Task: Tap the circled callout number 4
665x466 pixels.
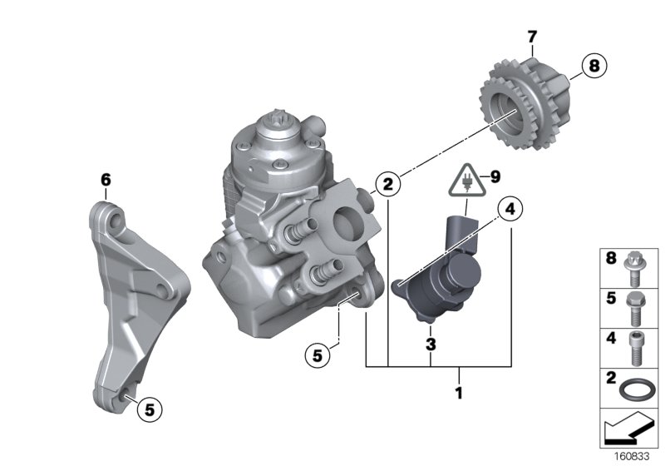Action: click(x=510, y=209)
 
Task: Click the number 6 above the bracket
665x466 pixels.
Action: click(x=106, y=179)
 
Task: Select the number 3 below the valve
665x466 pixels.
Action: click(x=431, y=343)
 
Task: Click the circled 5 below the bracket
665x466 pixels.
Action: click(x=150, y=409)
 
